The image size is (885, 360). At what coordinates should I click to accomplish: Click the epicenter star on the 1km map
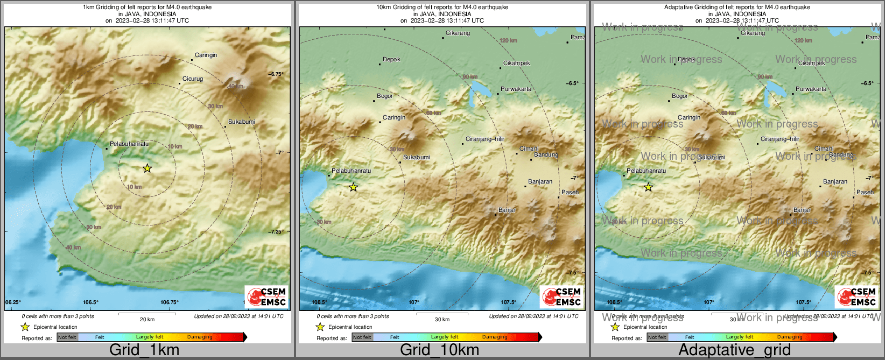click(x=147, y=168)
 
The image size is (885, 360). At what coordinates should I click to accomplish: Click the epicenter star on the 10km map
click(x=353, y=187)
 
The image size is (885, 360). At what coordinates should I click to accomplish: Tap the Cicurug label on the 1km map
click(x=193, y=79)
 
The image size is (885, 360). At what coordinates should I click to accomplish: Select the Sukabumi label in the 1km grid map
click(x=241, y=122)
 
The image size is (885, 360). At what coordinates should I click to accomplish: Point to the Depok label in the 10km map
click(x=391, y=59)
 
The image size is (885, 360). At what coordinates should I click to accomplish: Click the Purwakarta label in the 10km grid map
click(x=516, y=89)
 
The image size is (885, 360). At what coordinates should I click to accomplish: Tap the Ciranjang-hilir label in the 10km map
click(x=484, y=139)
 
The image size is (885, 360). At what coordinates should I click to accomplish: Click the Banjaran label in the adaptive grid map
click(x=835, y=181)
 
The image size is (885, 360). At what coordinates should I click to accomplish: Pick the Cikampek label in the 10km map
click(x=516, y=63)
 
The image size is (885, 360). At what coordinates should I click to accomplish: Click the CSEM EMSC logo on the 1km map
click(x=266, y=297)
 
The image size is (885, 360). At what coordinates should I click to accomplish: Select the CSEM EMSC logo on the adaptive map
click(x=856, y=297)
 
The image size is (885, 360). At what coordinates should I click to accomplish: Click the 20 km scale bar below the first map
click(x=144, y=313)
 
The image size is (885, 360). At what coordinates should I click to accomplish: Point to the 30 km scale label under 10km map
click(x=442, y=319)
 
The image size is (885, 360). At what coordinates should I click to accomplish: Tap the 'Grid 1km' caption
click(x=144, y=350)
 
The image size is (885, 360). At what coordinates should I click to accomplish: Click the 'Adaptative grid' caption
click(x=734, y=350)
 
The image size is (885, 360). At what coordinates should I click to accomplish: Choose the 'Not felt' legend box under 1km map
click(x=67, y=337)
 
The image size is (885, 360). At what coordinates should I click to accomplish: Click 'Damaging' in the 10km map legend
click(x=495, y=337)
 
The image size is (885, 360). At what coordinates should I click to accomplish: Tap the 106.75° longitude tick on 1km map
click(x=169, y=302)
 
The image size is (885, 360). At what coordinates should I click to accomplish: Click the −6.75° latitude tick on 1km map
click(x=277, y=74)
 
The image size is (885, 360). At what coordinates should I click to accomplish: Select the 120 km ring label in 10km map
click(x=508, y=40)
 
